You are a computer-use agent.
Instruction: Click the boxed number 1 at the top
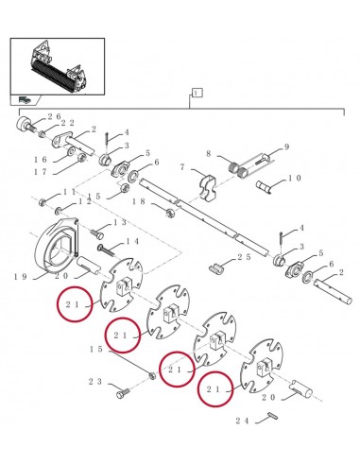point(197,94)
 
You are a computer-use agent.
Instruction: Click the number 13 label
point(120,222)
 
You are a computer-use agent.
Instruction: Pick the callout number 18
point(138,201)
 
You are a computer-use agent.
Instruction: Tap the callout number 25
point(244,256)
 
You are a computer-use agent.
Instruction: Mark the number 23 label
point(96,382)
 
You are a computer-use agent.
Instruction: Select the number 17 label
point(43,172)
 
